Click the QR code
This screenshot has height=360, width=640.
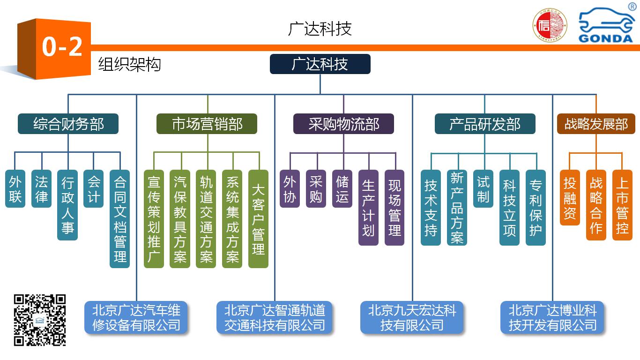coord(39,320)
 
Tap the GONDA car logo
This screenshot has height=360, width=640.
coord(606,26)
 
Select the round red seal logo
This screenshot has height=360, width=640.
coord(550,26)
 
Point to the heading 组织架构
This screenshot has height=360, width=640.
coord(129,64)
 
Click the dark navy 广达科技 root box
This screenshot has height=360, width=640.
coord(320,64)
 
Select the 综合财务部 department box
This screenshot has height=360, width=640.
coord(68,124)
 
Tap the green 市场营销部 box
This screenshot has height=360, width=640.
coord(207,124)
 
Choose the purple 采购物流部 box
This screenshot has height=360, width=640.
coord(343,124)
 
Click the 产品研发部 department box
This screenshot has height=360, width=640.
coord(485,124)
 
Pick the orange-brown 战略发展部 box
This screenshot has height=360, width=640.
coord(596,124)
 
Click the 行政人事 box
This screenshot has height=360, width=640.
coord(67,205)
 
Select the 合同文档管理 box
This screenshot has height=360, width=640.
coord(120,219)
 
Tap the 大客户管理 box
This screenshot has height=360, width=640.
coord(258,219)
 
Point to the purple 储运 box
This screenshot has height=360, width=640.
coord(342,189)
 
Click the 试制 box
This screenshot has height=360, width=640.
coord(483,189)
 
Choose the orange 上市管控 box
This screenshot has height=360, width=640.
coord(622,205)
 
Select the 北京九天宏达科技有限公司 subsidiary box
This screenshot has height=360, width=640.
coord(412,317)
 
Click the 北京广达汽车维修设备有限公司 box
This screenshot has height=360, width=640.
coord(136,317)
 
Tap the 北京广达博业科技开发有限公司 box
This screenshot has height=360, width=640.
coord(553,317)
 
